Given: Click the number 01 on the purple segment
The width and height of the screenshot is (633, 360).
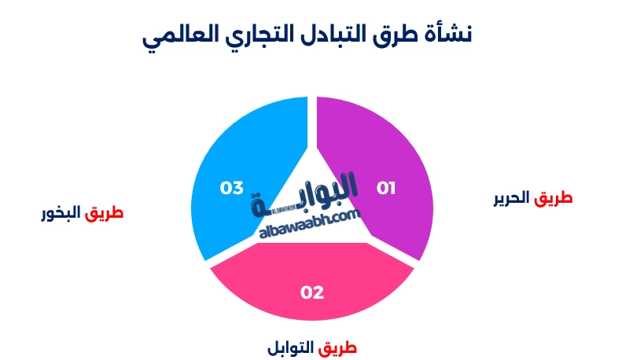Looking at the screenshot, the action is [x=386, y=188].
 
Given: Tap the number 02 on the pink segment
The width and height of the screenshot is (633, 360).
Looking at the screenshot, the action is [x=312, y=292].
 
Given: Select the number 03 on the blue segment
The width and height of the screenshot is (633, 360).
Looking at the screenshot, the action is [x=232, y=188].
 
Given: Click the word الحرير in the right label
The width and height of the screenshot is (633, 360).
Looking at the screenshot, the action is [x=511, y=198].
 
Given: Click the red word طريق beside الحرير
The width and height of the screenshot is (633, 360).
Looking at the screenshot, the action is [x=554, y=198].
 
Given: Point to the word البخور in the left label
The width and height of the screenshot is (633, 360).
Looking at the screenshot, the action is [x=61, y=213].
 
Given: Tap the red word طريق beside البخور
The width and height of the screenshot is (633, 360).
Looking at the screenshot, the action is [x=104, y=213].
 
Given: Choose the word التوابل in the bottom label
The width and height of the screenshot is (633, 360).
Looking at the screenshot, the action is [x=291, y=347].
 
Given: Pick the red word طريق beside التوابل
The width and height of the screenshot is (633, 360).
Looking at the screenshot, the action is [x=337, y=348].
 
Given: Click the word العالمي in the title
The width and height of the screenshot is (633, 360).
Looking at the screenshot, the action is [x=180, y=35].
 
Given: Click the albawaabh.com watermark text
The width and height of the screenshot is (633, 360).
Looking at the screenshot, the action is [x=309, y=224].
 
